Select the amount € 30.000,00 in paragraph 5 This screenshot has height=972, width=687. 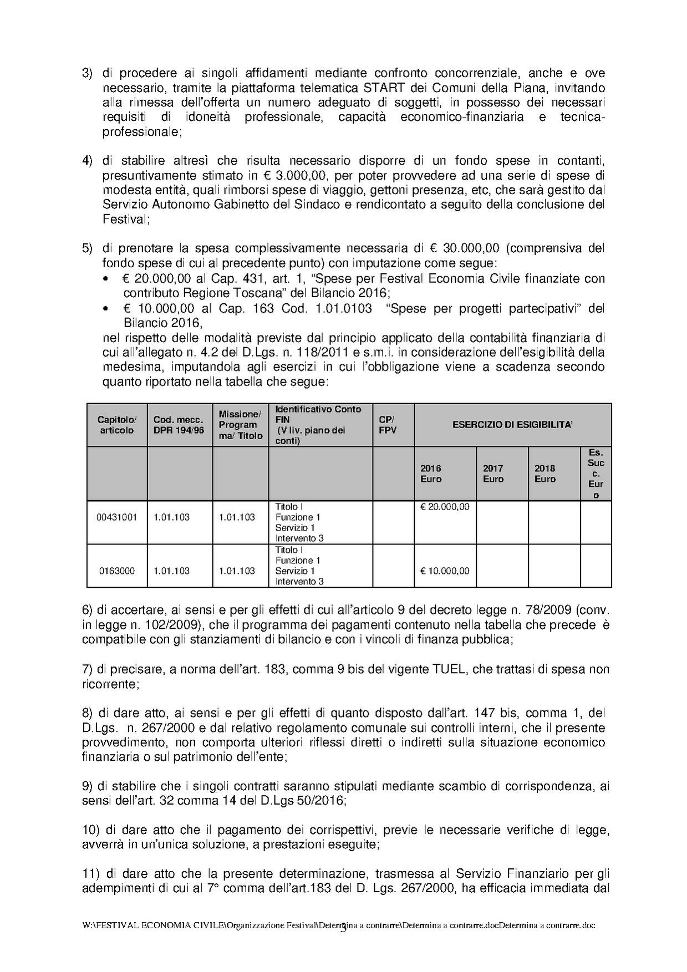[460, 248]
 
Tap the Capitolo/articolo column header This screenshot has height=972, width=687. [117, 425]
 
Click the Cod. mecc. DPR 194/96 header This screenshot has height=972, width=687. [179, 425]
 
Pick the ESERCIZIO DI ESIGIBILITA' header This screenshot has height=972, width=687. [512, 425]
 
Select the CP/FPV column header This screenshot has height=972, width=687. [388, 425]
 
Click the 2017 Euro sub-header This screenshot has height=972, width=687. [493, 474]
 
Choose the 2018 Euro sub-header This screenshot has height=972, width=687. [544, 474]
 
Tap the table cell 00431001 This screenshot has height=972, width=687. [117, 517]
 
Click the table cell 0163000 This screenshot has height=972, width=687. [117, 571]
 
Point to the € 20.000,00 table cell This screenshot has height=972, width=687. [445, 507]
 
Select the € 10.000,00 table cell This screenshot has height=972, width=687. [445, 571]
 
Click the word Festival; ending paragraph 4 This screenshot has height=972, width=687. [126, 219]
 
